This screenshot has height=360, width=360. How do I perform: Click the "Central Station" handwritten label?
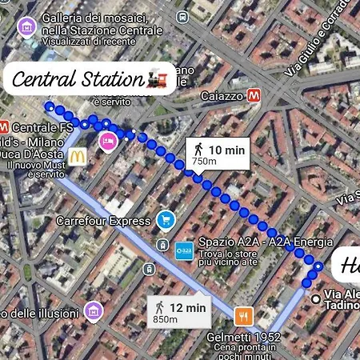click(x=77, y=79)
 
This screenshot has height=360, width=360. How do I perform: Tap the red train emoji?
click(x=158, y=79)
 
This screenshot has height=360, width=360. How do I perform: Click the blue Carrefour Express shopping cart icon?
click(x=166, y=219)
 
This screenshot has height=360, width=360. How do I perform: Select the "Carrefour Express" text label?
click(x=103, y=220)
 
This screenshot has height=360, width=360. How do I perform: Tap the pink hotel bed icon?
click(x=106, y=141)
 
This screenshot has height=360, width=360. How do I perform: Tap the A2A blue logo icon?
click(x=183, y=250)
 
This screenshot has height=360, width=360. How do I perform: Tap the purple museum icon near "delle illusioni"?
click(x=94, y=310)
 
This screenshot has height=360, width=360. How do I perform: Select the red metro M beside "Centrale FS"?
click(x=4, y=126)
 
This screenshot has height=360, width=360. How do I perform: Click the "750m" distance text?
click(x=205, y=161)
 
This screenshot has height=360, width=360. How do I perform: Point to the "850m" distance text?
click(x=165, y=320)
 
